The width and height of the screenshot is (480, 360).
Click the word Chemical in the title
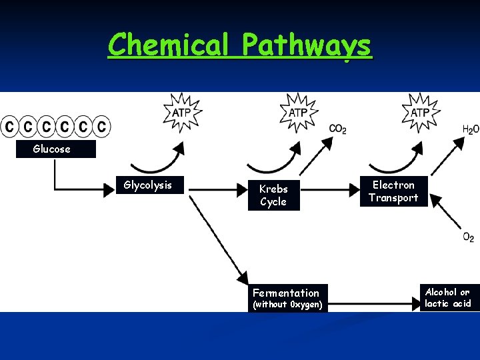[172, 45]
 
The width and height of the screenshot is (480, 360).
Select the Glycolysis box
[148, 185]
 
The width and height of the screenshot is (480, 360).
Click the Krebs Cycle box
[273, 195]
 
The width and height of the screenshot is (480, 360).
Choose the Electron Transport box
[393, 191]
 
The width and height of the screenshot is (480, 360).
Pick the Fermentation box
[286, 293]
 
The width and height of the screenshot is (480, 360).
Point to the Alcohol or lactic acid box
[447, 298]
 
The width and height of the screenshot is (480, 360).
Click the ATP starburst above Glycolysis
[181, 111]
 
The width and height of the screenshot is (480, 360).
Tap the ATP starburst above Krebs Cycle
[298, 111]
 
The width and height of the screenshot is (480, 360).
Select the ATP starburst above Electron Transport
[419, 111]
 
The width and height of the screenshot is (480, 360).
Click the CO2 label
[337, 129]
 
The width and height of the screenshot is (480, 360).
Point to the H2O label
[470, 129]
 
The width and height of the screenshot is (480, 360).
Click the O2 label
[469, 237]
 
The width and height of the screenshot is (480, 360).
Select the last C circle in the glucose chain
[101, 125]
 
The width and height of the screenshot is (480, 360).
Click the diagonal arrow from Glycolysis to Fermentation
[217, 233]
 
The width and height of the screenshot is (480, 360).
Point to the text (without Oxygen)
[287, 305]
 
